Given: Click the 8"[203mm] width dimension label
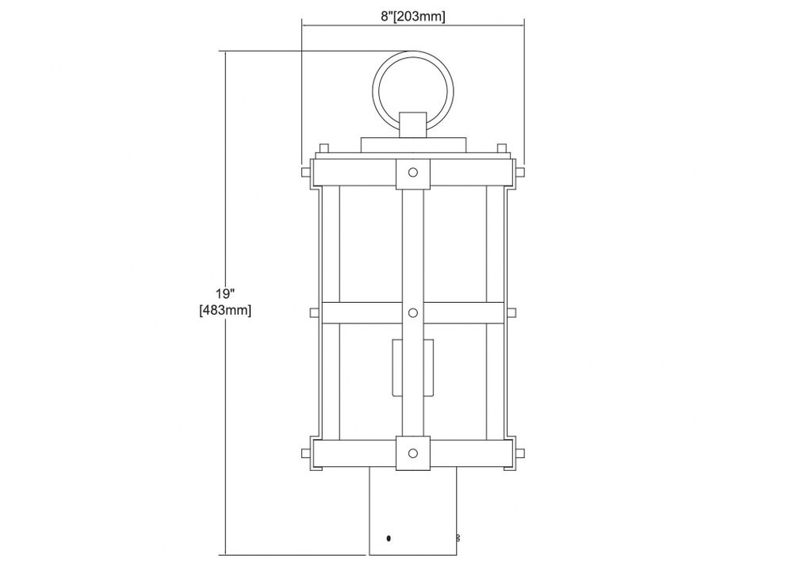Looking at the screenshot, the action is click(x=412, y=17).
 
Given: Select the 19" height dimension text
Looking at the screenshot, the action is click(x=225, y=293).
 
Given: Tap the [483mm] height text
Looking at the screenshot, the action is click(x=225, y=310).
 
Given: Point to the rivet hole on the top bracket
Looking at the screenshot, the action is click(x=413, y=172).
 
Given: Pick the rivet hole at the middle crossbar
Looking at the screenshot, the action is click(x=413, y=313).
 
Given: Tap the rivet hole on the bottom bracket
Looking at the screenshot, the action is click(x=413, y=453).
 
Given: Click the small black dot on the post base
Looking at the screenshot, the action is click(x=389, y=538).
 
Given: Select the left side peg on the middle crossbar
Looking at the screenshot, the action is click(x=315, y=313).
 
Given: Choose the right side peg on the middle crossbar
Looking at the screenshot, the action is click(x=511, y=313).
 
